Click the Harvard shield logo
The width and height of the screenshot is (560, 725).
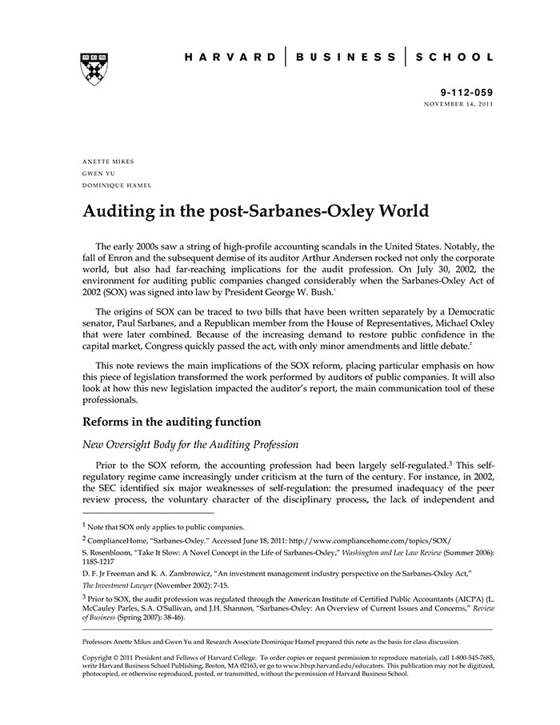94,69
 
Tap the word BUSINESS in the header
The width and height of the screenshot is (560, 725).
346,58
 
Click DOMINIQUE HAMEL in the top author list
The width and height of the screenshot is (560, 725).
117,185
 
